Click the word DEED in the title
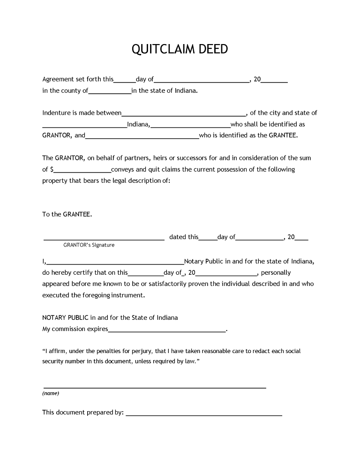(x=211, y=50)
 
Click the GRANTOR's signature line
(x=104, y=239)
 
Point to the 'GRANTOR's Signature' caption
(x=89, y=245)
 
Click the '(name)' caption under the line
(x=51, y=393)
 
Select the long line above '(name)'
(x=155, y=388)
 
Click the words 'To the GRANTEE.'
(x=67, y=214)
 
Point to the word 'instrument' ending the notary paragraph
(x=127, y=295)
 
